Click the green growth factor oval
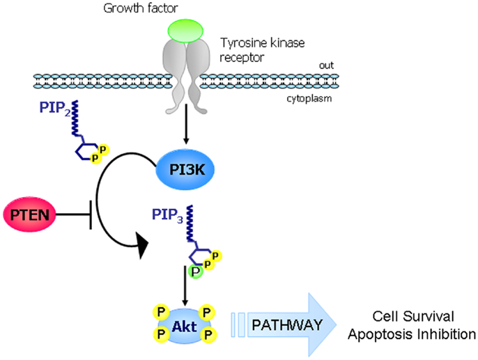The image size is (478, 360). coord(185,30)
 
